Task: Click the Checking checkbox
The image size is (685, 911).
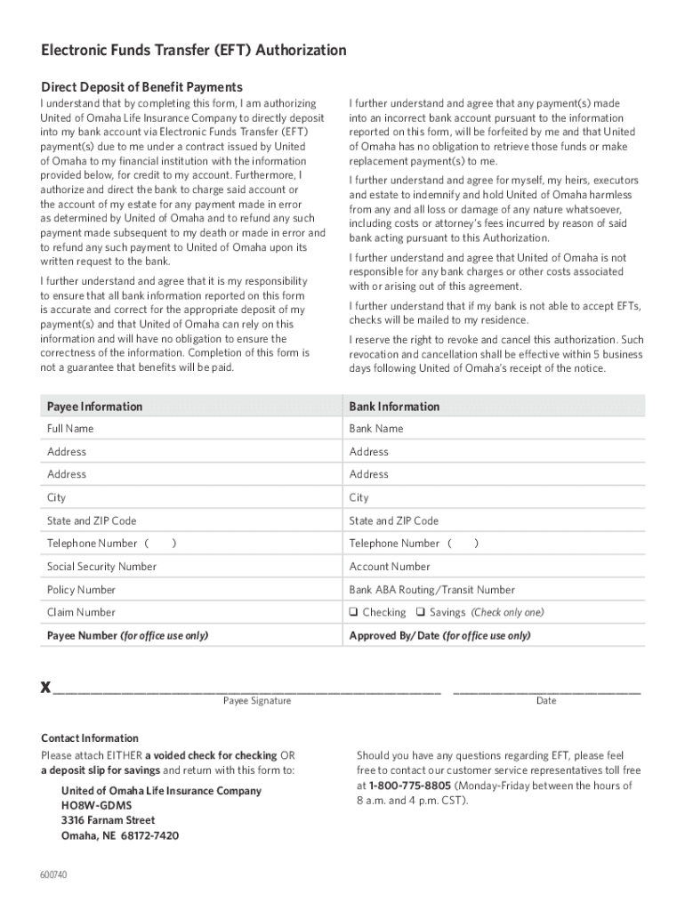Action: (354, 613)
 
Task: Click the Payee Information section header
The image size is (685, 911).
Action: (94, 407)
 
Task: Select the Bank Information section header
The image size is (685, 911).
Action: (394, 407)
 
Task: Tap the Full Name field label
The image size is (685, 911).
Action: (70, 429)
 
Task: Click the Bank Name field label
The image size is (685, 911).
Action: (376, 429)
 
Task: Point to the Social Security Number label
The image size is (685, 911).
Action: (101, 567)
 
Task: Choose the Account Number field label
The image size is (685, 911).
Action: (390, 567)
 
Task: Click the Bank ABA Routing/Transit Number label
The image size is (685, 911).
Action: (431, 590)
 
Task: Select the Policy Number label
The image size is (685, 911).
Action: (81, 590)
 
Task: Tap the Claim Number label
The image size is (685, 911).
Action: (81, 613)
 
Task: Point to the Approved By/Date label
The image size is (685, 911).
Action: (439, 636)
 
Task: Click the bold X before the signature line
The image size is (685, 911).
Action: (45, 689)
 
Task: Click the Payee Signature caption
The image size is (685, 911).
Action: (257, 701)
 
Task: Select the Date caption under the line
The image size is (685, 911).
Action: (546, 701)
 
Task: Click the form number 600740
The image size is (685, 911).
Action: (53, 875)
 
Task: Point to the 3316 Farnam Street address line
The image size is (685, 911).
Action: (108, 820)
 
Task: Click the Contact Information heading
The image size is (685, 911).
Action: (90, 738)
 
